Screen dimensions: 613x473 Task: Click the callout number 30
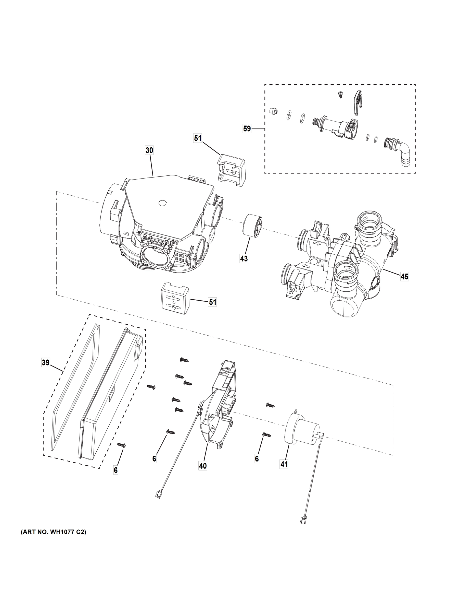(149, 150)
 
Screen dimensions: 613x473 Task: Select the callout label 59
(247, 129)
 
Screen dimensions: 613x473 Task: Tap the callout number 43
(244, 258)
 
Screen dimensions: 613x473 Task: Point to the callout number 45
(404, 277)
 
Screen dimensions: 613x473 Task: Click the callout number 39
(45, 362)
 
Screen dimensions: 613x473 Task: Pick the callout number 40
(203, 466)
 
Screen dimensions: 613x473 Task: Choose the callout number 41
(284, 465)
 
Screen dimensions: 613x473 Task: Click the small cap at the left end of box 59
(273, 111)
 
